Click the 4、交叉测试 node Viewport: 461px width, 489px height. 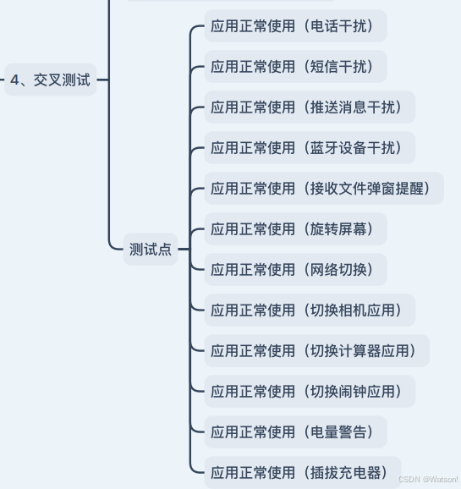tap(51, 80)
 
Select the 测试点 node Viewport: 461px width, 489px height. tap(151, 250)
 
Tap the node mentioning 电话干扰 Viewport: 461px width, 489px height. tap(296, 26)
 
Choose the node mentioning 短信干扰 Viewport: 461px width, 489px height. tap(296, 67)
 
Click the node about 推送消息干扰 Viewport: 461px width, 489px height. tap(310, 107)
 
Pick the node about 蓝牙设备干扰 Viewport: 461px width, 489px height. tap(310, 147)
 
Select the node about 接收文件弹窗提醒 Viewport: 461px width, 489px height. tap(324, 189)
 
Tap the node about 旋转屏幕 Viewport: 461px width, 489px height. tap(296, 229)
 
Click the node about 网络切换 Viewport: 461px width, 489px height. tap(296, 269)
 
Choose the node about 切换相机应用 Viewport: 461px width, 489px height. tap(310, 310)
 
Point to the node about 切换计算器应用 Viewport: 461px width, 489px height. tap(317, 350)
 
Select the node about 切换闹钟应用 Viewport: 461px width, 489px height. tap(310, 392)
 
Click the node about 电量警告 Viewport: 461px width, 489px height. tap(296, 432)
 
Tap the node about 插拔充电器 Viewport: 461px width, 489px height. tap(303, 472)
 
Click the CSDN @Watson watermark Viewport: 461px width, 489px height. tap(428, 479)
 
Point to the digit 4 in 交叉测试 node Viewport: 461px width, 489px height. tap(14, 80)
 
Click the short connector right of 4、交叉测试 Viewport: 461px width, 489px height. tap(102, 80)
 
